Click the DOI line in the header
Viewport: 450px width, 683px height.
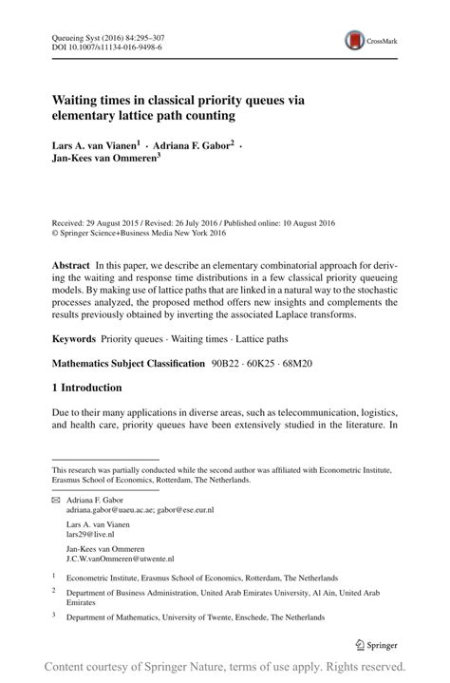pyautogui.click(x=99, y=45)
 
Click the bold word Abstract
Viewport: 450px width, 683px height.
pyautogui.click(x=72, y=260)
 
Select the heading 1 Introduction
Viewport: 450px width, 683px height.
pyautogui.click(x=86, y=388)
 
